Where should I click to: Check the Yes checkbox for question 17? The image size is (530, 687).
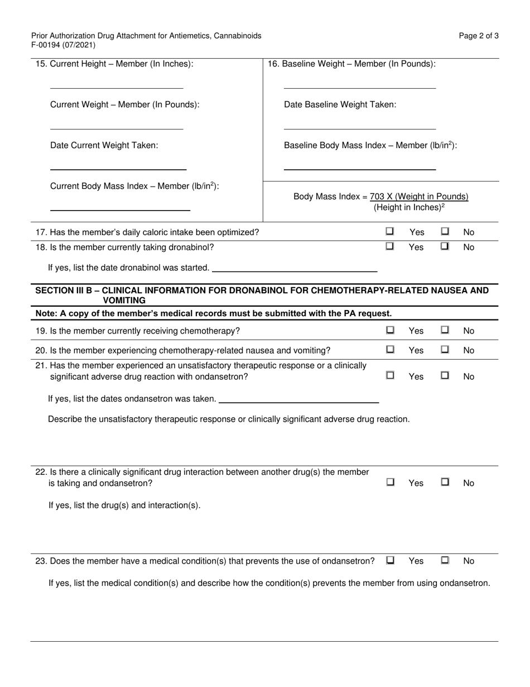pyautogui.click(x=390, y=231)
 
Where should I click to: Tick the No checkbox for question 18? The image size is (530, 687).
pyautogui.click(x=445, y=246)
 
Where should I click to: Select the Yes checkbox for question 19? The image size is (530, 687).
pyautogui.click(x=390, y=330)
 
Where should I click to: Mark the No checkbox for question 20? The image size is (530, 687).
pyautogui.click(x=445, y=350)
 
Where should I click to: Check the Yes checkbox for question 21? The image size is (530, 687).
pyautogui.click(x=390, y=376)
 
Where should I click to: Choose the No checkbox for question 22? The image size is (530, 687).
pyautogui.click(x=445, y=482)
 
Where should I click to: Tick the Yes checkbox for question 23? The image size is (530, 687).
pyautogui.click(x=390, y=560)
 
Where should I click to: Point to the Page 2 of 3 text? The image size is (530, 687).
pyautogui.click(x=479, y=36)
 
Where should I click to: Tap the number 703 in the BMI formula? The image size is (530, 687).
pyautogui.click(x=377, y=197)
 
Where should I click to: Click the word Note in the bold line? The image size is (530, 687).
pyautogui.click(x=46, y=313)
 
